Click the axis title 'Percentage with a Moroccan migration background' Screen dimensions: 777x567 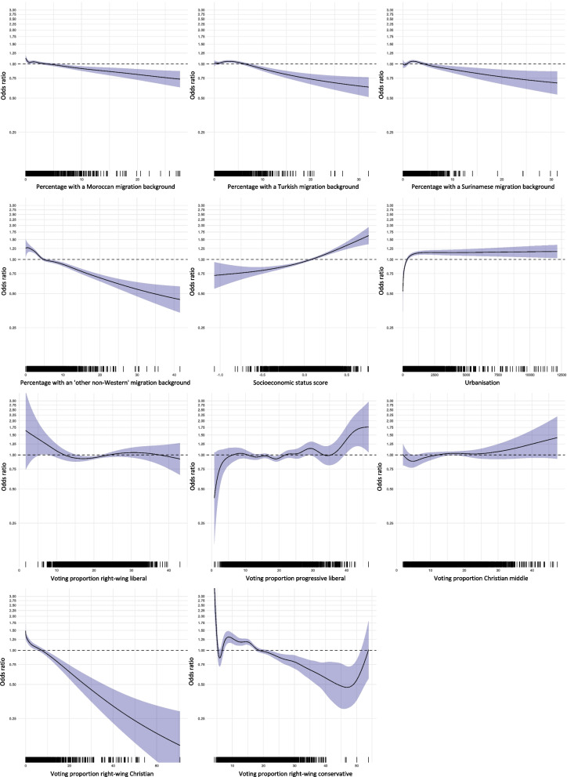tap(103, 187)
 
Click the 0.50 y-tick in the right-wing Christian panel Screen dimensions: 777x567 tap(15, 684)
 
